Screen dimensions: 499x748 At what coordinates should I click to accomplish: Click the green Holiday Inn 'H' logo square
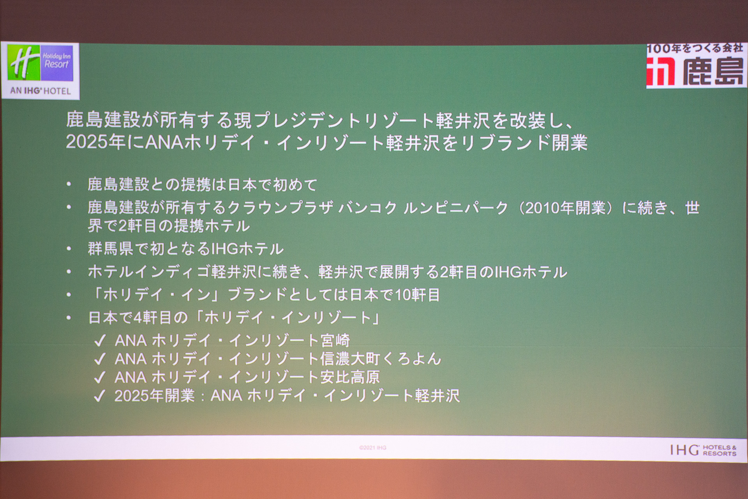tap(24, 63)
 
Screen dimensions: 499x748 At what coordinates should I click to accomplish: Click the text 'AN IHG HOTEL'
tap(41, 91)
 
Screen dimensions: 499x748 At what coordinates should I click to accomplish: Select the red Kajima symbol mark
tap(661, 71)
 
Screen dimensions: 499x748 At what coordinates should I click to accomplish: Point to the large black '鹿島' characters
tap(713, 71)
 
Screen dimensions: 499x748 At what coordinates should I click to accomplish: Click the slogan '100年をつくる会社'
tap(695, 48)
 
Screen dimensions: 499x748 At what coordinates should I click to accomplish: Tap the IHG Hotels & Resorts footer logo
tap(703, 450)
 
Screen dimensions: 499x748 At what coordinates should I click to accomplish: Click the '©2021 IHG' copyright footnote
tap(373, 448)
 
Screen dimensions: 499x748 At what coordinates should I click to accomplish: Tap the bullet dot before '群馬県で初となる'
tap(69, 249)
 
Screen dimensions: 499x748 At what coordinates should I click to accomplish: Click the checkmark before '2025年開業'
tap(100, 396)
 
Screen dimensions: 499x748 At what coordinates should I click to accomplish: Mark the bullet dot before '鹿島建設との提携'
tap(69, 184)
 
